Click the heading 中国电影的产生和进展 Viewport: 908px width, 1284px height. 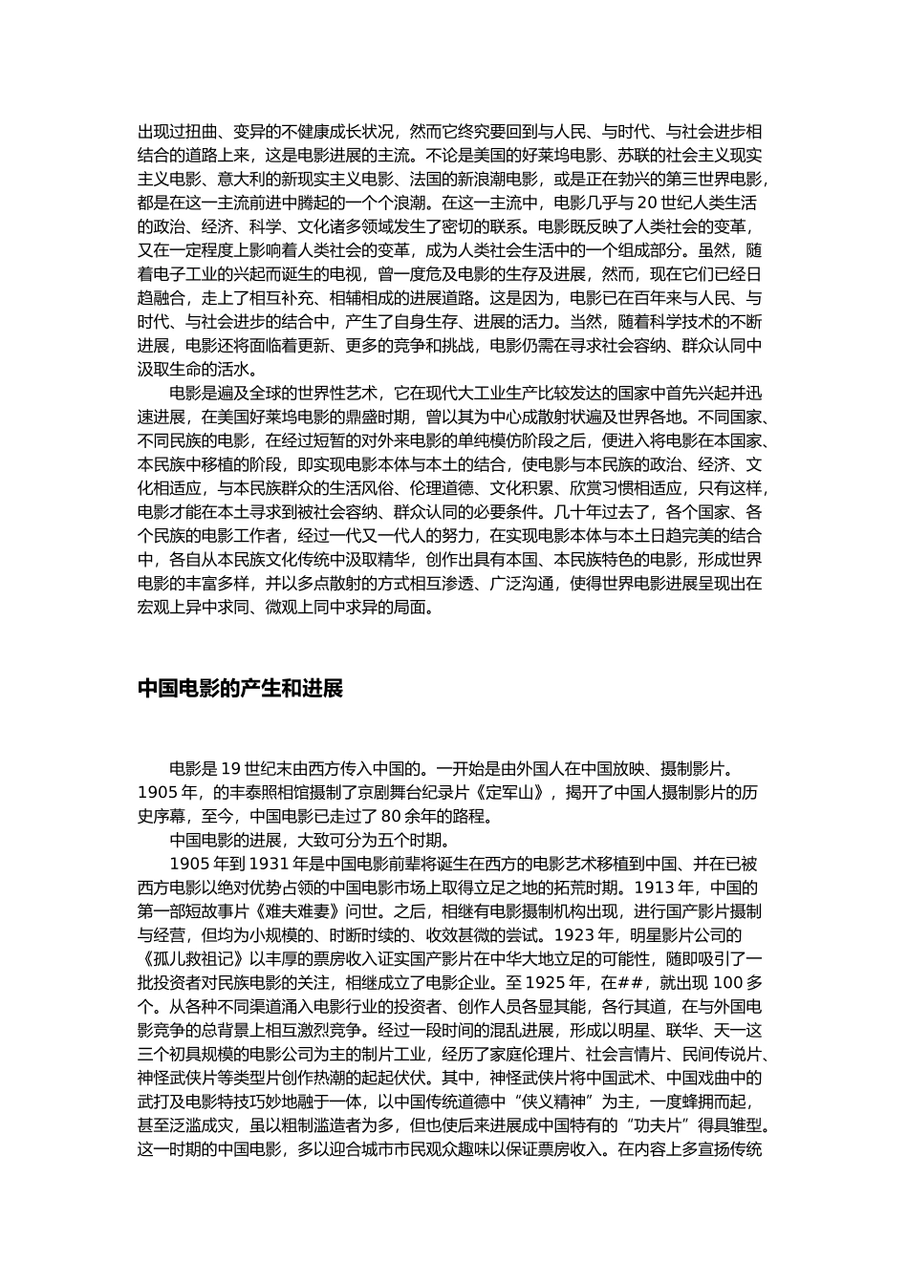click(240, 689)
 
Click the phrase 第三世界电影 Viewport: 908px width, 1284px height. click(713, 179)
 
